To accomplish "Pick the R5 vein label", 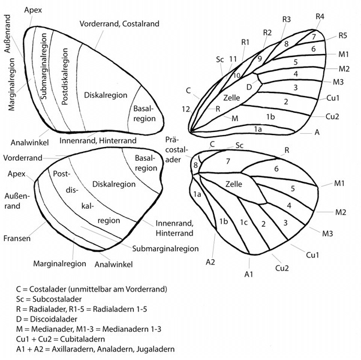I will (x=342, y=35).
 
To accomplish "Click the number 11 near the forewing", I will (x=233, y=59).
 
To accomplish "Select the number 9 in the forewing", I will (x=260, y=58).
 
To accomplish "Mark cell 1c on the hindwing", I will (x=243, y=223).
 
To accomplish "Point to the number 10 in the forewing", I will (x=237, y=75).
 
